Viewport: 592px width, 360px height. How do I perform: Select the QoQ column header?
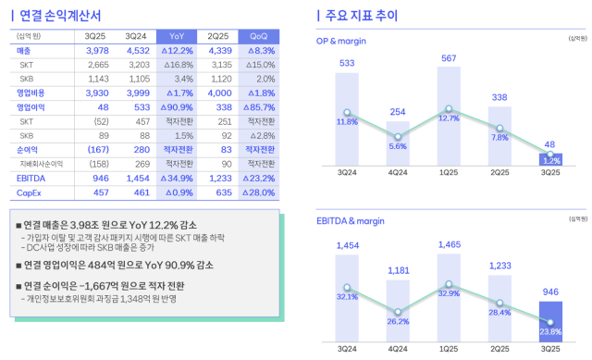tap(259, 35)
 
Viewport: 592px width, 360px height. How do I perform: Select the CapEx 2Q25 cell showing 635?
tap(218, 193)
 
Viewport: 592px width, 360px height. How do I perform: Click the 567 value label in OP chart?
tap(449, 58)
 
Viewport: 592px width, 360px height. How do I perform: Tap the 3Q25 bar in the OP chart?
tap(550, 160)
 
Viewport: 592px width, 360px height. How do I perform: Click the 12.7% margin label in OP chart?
tap(449, 118)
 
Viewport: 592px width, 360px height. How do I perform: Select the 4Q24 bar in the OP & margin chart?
tap(398, 143)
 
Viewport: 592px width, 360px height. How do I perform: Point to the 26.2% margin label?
tap(398, 322)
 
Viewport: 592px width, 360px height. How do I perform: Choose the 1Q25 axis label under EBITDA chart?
tap(449, 350)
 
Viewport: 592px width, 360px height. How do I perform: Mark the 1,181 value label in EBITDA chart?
tap(398, 244)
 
